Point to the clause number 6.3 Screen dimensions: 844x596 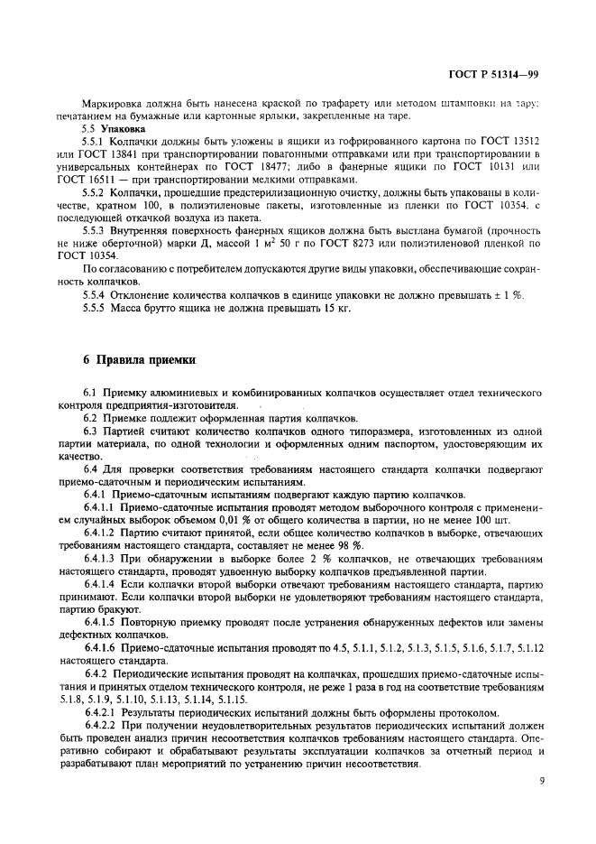pos(89,433)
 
